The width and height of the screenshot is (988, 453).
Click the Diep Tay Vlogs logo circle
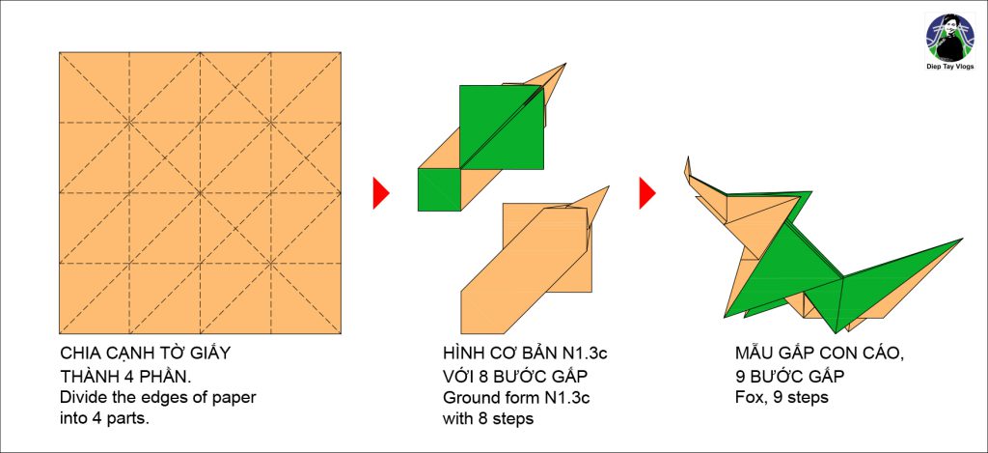pyautogui.click(x=949, y=38)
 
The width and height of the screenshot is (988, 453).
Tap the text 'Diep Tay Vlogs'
pyautogui.click(x=949, y=67)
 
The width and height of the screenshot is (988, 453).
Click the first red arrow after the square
pyautogui.click(x=381, y=193)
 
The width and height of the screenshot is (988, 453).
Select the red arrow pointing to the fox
pyautogui.click(x=647, y=193)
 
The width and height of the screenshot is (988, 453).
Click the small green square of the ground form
pyautogui.click(x=439, y=190)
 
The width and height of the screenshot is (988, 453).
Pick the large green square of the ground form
pyautogui.click(x=502, y=127)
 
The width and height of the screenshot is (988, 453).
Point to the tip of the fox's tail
pyautogui.click(x=962, y=240)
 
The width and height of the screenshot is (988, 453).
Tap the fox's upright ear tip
pyautogui.click(x=687, y=157)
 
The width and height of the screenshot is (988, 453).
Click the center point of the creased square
pyautogui.click(x=201, y=192)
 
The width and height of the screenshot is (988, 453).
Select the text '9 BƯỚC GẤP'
pyautogui.click(x=789, y=376)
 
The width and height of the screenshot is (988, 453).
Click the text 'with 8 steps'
pyautogui.click(x=488, y=419)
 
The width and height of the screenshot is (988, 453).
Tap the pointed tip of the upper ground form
pyautogui.click(x=565, y=64)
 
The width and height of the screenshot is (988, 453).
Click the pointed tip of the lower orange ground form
pyautogui.click(x=608, y=186)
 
